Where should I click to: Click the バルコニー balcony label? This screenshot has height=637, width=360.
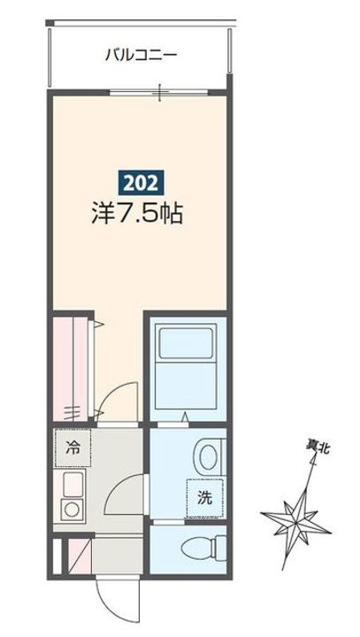[x=141, y=55]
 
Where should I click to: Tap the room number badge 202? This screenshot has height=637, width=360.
[x=141, y=184]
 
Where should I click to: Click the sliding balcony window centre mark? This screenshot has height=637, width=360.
[x=159, y=91]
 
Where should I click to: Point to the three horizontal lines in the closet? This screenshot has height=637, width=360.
[x=73, y=411]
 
